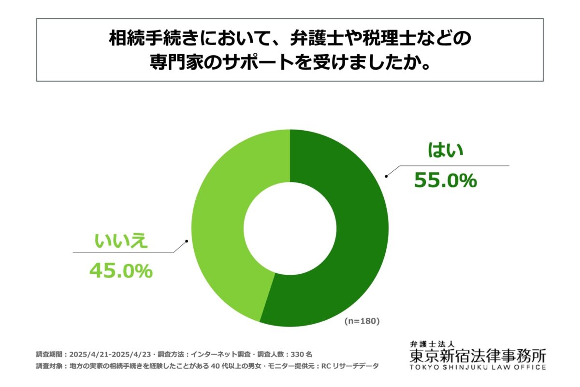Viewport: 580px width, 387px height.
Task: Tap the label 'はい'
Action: tap(445, 150)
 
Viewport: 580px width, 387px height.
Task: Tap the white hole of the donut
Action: tap(290, 228)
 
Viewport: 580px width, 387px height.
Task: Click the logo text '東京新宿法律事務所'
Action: tap(478, 356)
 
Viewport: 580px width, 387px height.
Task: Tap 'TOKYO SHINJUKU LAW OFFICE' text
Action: tap(478, 367)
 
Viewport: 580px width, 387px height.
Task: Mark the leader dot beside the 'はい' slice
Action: tap(386, 177)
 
